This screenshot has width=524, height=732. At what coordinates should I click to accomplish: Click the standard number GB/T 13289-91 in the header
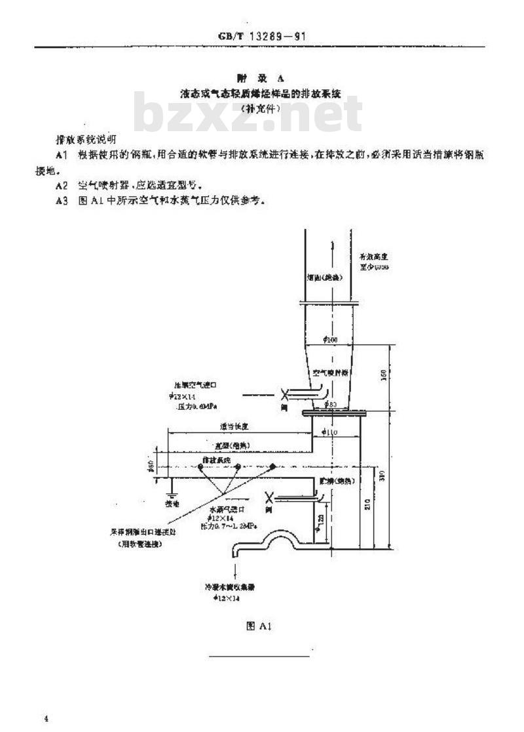pos(262,37)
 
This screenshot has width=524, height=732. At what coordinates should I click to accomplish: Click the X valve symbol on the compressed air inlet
pos(285,396)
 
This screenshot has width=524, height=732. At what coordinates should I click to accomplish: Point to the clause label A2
pos(62,185)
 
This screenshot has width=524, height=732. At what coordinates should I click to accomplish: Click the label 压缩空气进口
pos(194,384)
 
